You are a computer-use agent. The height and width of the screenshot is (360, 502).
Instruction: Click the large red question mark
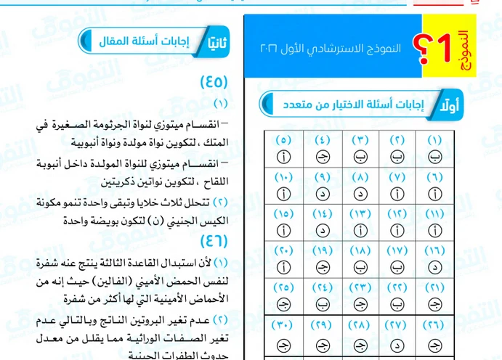click(x=418, y=48)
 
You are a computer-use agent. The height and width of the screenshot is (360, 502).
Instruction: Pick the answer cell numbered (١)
click(x=434, y=147)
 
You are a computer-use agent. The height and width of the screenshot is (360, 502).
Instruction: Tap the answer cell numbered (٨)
click(x=359, y=185)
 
